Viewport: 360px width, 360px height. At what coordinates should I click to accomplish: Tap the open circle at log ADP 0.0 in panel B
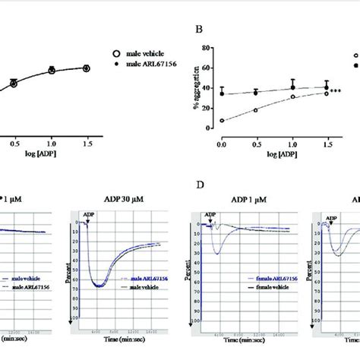(221, 120)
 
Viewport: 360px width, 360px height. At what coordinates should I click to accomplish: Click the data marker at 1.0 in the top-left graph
(52, 70)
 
